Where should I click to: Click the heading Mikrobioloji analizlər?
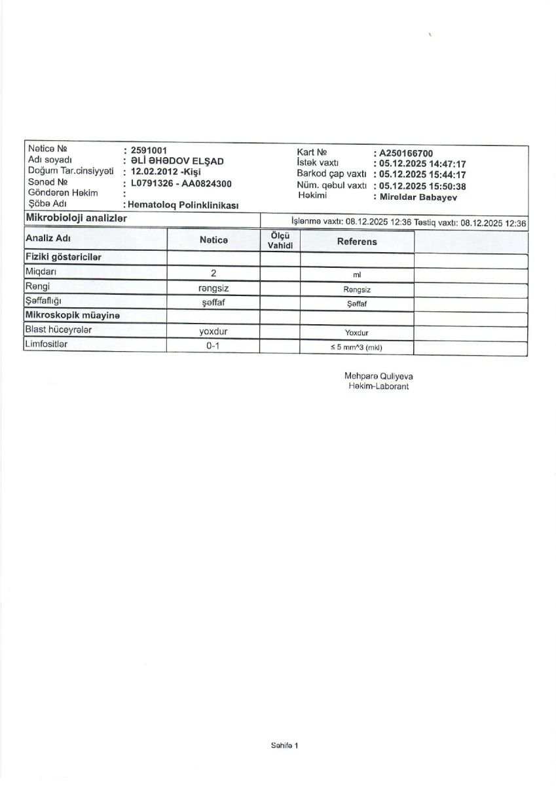click(x=76, y=218)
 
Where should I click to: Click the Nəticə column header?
click(x=213, y=240)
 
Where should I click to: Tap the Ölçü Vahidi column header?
click(x=280, y=240)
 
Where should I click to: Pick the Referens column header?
click(x=357, y=242)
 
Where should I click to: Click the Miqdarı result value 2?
click(x=213, y=272)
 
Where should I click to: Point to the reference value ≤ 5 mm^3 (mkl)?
click(x=356, y=347)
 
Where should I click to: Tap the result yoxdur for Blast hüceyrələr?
click(x=213, y=331)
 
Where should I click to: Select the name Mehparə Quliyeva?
click(x=379, y=377)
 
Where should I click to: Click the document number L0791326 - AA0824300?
click(x=181, y=183)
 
